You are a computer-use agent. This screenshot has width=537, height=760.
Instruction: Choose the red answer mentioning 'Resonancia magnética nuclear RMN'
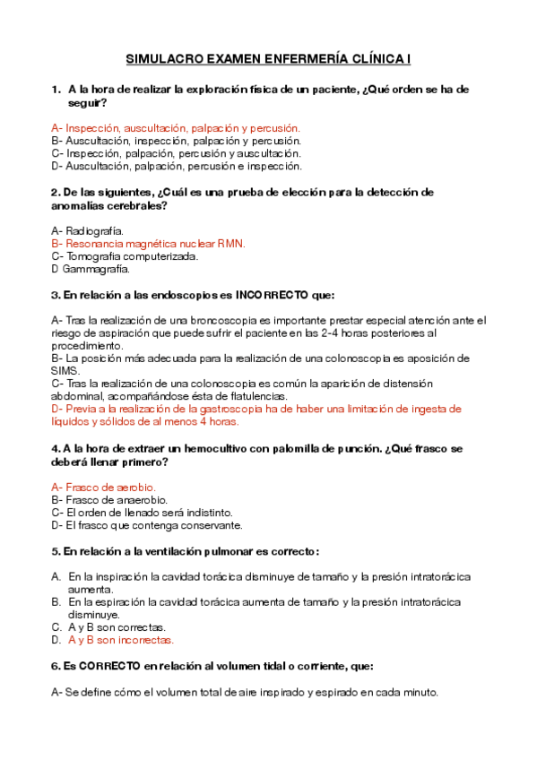click(149, 243)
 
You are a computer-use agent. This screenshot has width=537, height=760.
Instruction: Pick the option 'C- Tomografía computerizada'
click(125, 255)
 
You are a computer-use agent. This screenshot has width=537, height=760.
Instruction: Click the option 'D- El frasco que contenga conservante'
click(147, 524)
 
